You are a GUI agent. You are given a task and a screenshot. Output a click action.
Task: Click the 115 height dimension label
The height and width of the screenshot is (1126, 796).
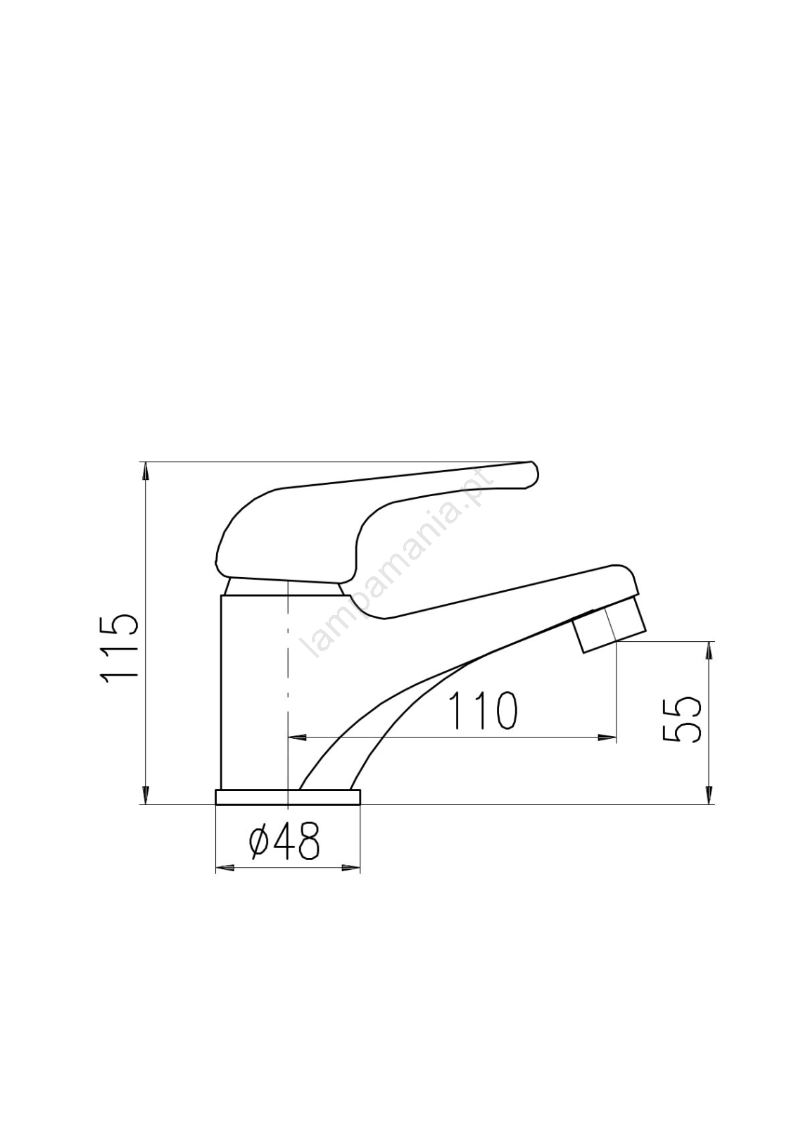[x=119, y=648]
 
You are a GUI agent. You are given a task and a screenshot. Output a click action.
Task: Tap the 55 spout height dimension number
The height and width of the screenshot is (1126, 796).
[x=681, y=720]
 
